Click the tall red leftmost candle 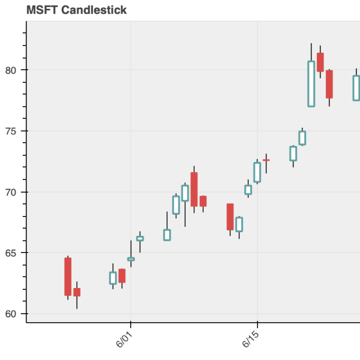[68, 277]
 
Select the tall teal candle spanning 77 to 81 [311, 83]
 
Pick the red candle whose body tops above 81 [320, 62]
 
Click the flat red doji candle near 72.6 [266, 160]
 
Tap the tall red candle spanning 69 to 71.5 [194, 189]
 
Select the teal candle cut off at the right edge [356, 88]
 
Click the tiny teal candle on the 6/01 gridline [131, 259]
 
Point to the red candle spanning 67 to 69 [230, 217]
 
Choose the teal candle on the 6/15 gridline [257, 172]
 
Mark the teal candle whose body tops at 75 [302, 138]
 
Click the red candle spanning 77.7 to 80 [329, 84]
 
